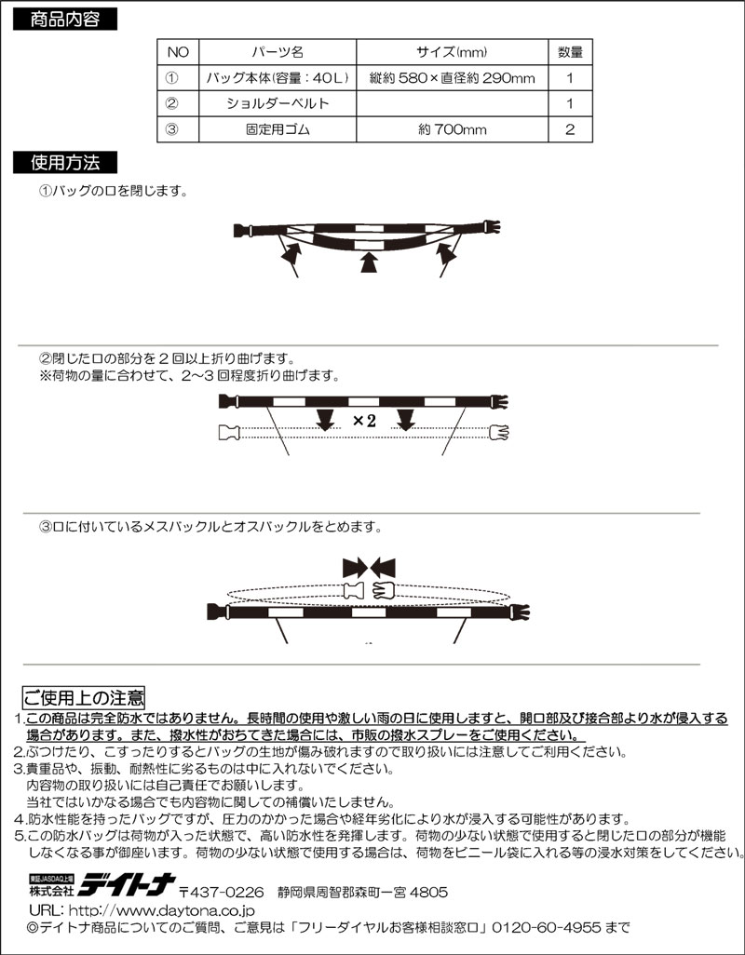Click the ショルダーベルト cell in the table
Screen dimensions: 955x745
(278, 103)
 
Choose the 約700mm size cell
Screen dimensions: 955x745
(451, 129)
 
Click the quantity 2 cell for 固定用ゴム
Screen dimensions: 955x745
(570, 129)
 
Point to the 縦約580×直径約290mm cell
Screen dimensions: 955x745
(451, 77)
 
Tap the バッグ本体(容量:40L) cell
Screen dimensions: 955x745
(278, 77)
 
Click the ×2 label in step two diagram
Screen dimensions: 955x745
(364, 421)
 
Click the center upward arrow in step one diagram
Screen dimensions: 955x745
(370, 264)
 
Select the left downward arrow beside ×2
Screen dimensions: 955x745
(324, 420)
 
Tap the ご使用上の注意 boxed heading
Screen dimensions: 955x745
(83, 697)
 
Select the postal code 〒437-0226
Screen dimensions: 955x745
(222, 890)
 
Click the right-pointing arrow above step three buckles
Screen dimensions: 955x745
(354, 565)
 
